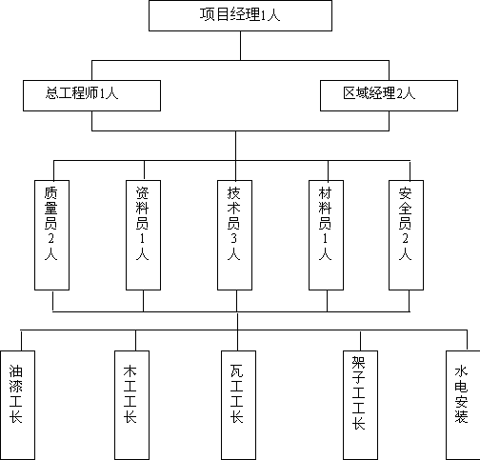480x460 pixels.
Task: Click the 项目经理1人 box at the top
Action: (x=240, y=15)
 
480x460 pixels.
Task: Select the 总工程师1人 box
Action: (x=91, y=95)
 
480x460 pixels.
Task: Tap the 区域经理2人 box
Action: (x=389, y=95)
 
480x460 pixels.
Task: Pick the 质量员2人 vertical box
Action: (x=51, y=235)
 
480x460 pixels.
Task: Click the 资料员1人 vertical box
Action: (x=143, y=235)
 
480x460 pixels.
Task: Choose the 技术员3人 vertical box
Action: (x=234, y=235)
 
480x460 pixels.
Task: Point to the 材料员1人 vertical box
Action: (x=326, y=235)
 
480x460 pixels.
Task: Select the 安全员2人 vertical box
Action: (x=406, y=235)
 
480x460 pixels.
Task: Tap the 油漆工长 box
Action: (x=17, y=405)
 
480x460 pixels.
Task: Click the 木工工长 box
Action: (x=131, y=405)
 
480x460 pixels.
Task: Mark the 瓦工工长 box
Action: (x=238, y=405)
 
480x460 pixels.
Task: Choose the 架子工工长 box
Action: (x=360, y=405)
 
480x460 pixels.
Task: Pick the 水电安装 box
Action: (x=463, y=405)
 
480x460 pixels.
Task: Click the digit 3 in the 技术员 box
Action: (x=234, y=238)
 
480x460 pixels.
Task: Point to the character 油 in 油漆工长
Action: (x=15, y=370)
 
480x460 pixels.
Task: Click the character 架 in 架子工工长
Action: (x=358, y=363)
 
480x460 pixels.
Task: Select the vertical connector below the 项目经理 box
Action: (x=240, y=46)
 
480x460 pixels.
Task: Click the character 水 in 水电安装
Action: (x=461, y=371)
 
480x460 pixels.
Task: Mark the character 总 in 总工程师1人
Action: (x=51, y=93)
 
